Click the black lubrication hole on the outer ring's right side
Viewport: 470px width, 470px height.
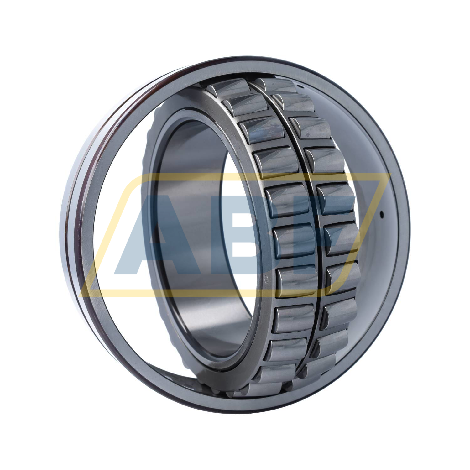tap(382, 214)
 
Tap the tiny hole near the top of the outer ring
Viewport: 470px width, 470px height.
tap(299, 85)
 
